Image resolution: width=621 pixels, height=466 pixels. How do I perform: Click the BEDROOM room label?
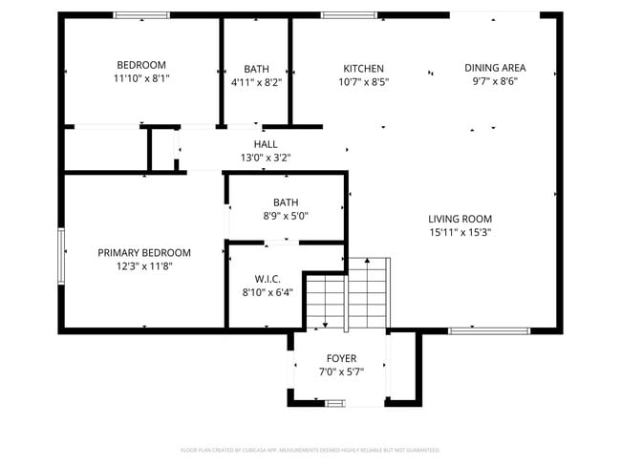(x=141, y=65)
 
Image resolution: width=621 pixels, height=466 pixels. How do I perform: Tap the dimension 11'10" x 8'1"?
(x=141, y=80)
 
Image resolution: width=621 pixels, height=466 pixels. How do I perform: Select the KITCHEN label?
(x=363, y=69)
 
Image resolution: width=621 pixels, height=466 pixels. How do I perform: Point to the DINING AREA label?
(x=495, y=68)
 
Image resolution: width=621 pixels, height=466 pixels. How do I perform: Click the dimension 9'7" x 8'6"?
(x=495, y=82)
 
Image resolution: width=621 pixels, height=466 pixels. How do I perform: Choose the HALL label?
(x=266, y=144)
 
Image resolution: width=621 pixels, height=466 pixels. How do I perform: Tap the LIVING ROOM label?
(x=460, y=219)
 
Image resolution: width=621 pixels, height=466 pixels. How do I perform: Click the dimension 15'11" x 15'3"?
(x=460, y=232)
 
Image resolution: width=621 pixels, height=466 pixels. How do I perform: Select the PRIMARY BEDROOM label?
(x=144, y=253)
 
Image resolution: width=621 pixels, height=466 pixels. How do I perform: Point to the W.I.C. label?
(x=268, y=279)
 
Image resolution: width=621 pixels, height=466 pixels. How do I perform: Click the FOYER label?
(x=341, y=359)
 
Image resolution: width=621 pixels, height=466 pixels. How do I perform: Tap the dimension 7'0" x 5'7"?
(x=341, y=373)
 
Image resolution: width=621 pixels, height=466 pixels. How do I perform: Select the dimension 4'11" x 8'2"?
(x=256, y=83)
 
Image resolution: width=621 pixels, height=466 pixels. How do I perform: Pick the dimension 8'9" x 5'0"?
(x=286, y=216)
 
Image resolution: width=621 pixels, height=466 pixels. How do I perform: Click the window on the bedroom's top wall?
(x=141, y=15)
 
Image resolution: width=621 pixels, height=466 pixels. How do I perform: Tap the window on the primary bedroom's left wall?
(x=61, y=259)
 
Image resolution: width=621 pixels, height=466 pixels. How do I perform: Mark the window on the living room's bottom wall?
(x=476, y=330)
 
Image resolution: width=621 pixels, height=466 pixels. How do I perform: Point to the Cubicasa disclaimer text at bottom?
(x=310, y=449)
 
